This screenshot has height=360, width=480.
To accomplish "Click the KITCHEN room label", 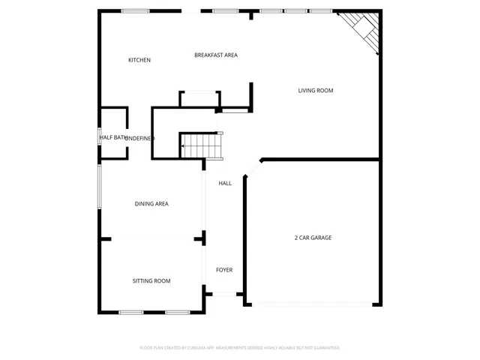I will pos(139,60).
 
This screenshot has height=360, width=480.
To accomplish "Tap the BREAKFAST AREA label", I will pos(216,55).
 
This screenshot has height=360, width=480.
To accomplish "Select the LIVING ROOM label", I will pos(315,91).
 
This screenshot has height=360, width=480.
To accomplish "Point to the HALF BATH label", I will pos(111,138).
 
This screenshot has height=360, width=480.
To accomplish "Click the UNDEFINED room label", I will pos(139,138).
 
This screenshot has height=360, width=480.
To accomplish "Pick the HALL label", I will pos(225,183).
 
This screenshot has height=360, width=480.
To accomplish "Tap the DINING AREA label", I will pos(151,204).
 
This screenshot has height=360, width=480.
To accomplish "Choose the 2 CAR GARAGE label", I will pos(313,238).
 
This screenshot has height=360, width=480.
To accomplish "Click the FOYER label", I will pos(224,270).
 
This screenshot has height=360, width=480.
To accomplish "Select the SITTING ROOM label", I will pos(151,281).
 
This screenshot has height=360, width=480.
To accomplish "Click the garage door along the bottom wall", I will pos(312,304).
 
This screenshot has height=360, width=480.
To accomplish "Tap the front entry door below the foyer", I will pos(223,294).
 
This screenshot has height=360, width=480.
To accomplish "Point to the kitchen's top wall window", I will pos(135,11).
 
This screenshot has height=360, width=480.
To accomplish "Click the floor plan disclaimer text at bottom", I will pos(240,348).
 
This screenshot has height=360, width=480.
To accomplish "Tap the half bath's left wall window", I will pos(100,138).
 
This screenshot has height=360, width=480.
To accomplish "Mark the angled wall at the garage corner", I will pos(252,168).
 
